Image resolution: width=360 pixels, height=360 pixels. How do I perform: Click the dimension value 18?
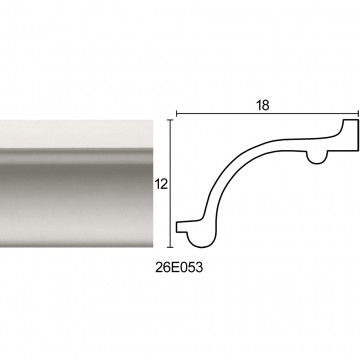(263, 105)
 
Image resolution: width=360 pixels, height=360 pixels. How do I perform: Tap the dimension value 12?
(161, 184)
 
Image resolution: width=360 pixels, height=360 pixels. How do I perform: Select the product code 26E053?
(179, 267)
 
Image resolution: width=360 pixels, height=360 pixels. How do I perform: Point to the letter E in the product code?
(174, 267)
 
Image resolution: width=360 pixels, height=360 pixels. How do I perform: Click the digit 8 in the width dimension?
(266, 105)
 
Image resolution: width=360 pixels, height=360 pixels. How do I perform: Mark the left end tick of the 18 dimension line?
(176, 114)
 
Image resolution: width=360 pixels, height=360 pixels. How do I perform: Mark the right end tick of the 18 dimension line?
(358, 114)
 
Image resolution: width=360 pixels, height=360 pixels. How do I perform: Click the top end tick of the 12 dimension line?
(171, 120)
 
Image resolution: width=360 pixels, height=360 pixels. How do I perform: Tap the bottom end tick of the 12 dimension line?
(171, 248)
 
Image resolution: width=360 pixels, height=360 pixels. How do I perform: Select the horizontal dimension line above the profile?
(267, 114)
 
